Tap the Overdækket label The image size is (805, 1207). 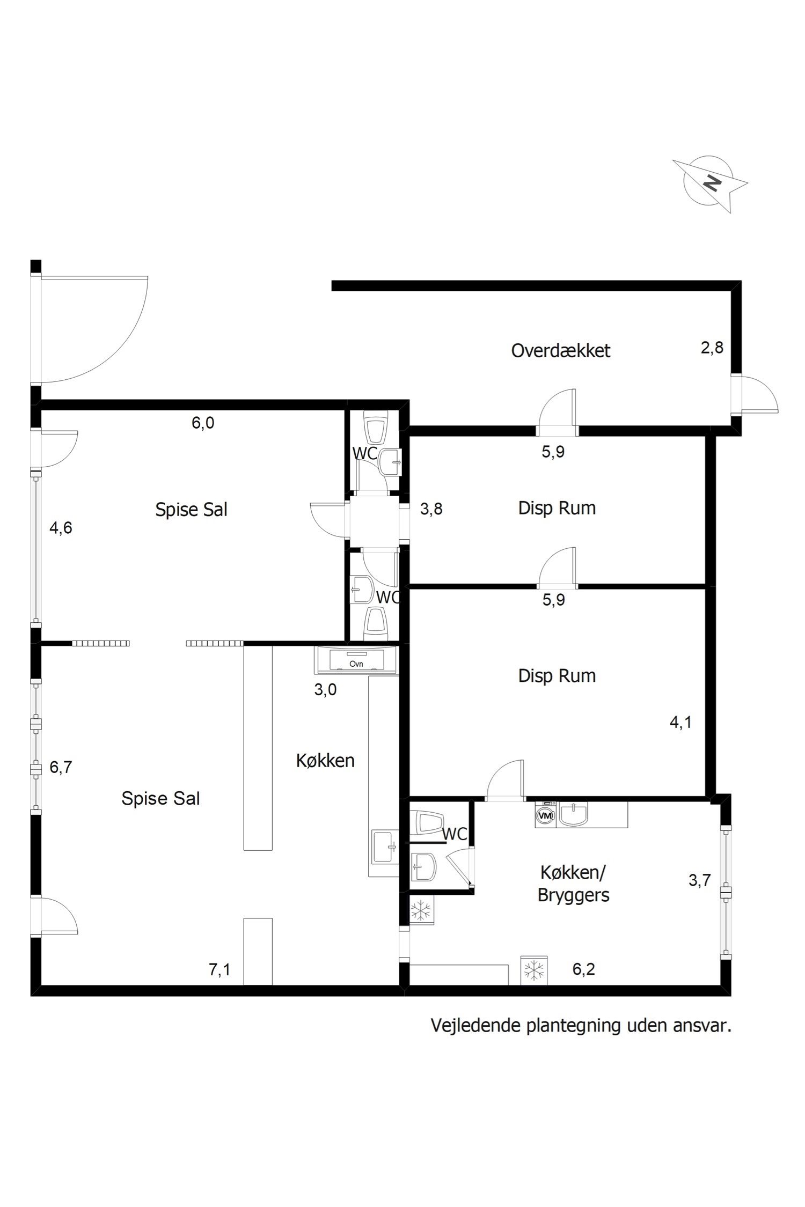point(560,351)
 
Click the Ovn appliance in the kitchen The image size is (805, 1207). point(356,660)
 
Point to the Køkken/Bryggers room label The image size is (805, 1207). point(573,884)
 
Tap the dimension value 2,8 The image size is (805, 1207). point(712,348)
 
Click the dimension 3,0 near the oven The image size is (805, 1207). point(325,689)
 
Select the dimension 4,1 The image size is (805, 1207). point(680,723)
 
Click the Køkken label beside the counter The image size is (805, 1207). point(325,760)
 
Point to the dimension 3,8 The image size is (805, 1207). point(431,509)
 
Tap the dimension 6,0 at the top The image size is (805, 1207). point(203,423)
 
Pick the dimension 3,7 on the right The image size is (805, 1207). point(700,880)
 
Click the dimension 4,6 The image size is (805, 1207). point(61,528)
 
